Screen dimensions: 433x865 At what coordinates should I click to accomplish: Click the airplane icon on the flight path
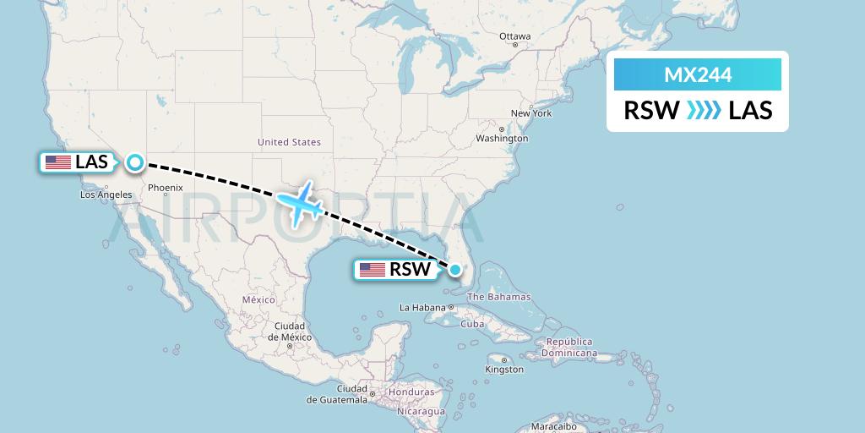(x=298, y=203)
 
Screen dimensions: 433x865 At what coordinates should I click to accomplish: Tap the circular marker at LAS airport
(x=135, y=162)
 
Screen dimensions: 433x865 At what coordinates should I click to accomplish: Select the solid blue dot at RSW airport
(x=455, y=270)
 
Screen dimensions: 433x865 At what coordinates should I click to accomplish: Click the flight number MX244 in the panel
(x=698, y=75)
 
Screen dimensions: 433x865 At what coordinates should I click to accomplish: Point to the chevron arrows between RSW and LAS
(x=704, y=111)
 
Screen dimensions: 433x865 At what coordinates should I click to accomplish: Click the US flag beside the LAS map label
(x=58, y=162)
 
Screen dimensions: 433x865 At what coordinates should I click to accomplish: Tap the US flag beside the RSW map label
(x=373, y=270)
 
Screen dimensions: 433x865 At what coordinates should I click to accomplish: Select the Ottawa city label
(x=514, y=36)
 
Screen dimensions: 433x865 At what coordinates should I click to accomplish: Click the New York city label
(x=531, y=113)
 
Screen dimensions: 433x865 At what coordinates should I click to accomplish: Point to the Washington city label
(x=502, y=138)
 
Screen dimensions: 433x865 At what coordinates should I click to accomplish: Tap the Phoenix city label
(x=166, y=187)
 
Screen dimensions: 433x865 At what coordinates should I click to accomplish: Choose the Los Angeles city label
(x=106, y=195)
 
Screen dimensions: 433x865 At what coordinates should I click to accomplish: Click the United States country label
(x=289, y=142)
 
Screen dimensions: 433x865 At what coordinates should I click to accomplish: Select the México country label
(x=259, y=299)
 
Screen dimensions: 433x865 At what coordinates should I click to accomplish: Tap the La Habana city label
(x=422, y=307)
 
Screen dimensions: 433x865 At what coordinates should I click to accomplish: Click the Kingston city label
(x=504, y=370)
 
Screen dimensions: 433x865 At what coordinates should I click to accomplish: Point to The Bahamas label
(x=499, y=297)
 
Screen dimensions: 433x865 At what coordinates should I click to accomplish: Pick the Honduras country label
(x=411, y=392)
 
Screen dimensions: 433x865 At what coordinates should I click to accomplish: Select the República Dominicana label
(x=569, y=348)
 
